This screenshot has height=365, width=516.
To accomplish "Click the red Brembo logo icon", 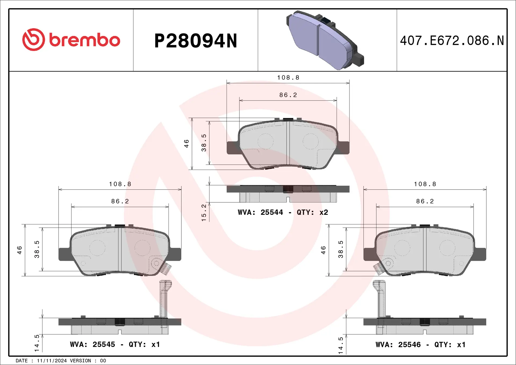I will (34, 40).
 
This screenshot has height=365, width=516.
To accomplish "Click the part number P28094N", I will (196, 41).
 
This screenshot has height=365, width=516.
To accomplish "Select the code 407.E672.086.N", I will (452, 41).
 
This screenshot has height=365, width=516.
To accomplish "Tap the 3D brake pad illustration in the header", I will (325, 40).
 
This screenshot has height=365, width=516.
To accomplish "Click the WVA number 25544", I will (272, 213).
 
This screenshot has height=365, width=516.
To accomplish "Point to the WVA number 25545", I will (104, 345).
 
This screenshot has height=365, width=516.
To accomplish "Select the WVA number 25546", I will (409, 345).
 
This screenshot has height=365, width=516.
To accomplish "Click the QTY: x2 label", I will (312, 213).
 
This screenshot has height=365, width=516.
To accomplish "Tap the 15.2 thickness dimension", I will (204, 213).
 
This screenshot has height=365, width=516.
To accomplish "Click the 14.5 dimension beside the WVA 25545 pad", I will (37, 343).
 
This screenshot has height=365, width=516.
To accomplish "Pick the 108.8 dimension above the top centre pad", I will (288, 78).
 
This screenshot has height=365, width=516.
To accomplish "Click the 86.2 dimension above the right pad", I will (425, 201).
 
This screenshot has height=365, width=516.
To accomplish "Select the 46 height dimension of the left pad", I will (20, 250).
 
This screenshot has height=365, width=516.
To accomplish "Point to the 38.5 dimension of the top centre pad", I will (204, 143).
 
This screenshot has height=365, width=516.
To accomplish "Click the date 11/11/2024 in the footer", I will (52, 361).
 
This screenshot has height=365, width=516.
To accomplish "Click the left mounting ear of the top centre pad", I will (232, 148).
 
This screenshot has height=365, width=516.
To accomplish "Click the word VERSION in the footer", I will (80, 361).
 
